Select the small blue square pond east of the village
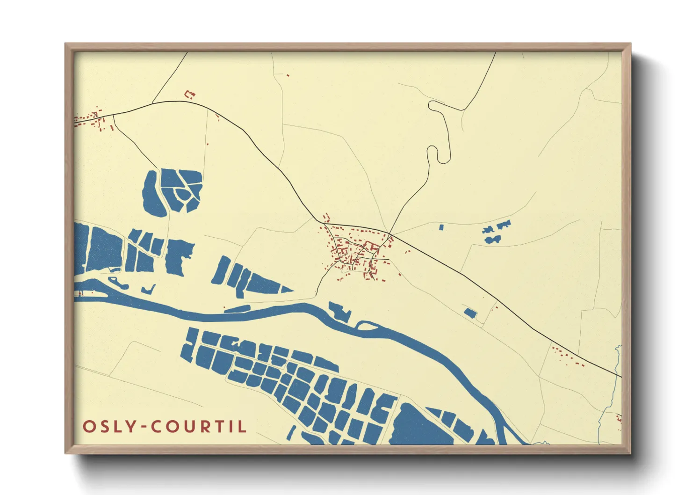(441, 227)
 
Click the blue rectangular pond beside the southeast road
(470, 313)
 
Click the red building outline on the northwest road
(190, 95)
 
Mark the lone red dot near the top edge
(288, 75)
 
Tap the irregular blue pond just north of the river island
(340, 311)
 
